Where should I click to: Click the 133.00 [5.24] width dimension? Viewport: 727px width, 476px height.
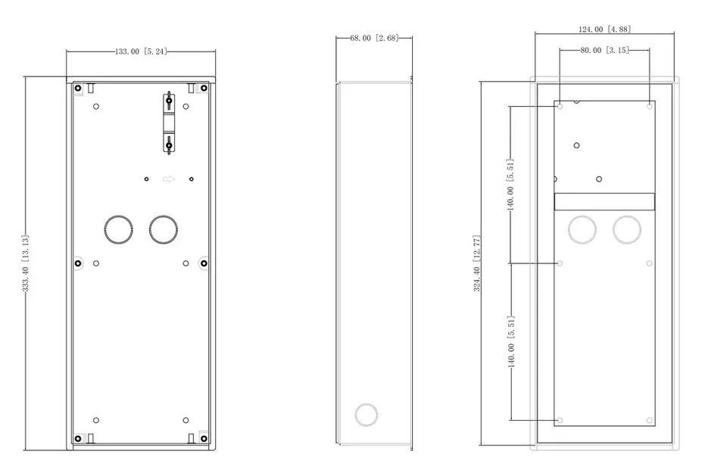tap(141, 51)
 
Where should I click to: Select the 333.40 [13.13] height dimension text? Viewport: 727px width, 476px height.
tap(26, 263)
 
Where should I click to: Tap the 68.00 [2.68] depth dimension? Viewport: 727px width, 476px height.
tap(373, 38)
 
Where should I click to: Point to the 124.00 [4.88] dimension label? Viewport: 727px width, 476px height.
tap(604, 30)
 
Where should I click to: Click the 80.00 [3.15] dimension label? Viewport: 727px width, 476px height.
tap(604, 50)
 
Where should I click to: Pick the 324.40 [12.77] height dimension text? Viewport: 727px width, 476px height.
tap(476, 263)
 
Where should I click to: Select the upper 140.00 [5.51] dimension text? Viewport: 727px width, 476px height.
tap(510, 185)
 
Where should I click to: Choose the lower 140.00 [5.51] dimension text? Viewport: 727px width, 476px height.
tap(510, 341)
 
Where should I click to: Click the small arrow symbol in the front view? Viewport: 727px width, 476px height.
tap(169, 179)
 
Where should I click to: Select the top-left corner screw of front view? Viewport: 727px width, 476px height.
tap(78, 88)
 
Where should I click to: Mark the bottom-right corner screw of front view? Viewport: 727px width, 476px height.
tap(203, 438)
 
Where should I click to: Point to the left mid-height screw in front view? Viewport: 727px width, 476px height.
tap(78, 263)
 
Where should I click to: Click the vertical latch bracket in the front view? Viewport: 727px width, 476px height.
tap(169, 123)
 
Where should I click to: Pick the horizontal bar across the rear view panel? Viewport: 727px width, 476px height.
tap(604, 201)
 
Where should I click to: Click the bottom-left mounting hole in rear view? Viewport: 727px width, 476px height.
tap(560, 421)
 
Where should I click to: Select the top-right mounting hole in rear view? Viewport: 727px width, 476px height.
tap(650, 106)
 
